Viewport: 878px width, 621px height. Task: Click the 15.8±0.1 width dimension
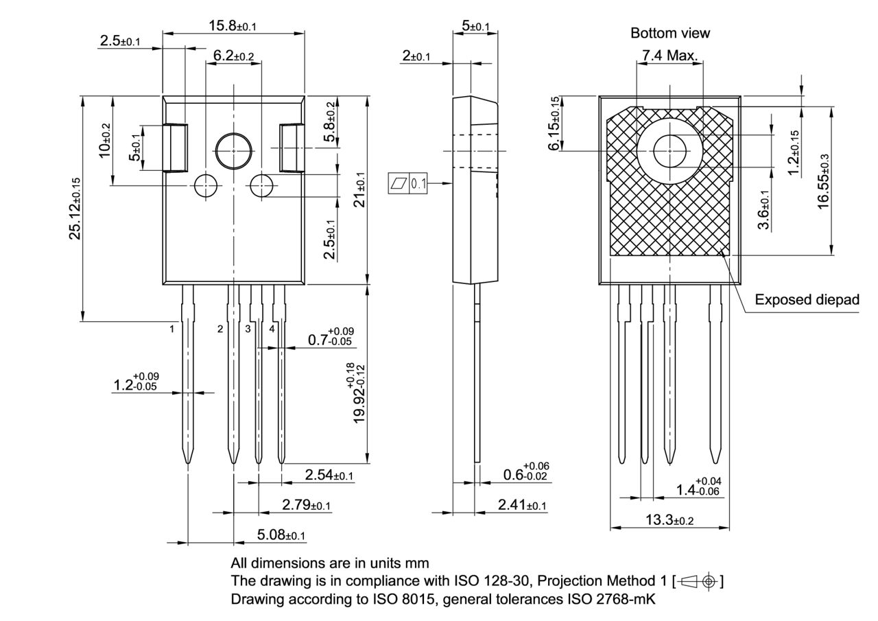point(233,26)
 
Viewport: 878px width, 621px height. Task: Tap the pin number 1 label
point(172,329)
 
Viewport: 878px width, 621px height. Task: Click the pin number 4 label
point(272,329)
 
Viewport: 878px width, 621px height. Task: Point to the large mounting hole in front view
point(233,150)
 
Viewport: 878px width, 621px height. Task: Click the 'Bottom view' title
point(669,33)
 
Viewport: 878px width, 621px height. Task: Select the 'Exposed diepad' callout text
point(806,300)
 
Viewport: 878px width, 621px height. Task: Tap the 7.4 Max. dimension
point(669,55)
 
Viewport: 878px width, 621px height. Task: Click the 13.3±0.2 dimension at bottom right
point(669,520)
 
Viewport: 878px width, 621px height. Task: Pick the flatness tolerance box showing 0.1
point(408,183)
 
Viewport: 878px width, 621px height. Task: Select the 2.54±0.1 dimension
point(329,475)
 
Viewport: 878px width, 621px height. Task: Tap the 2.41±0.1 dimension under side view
point(522,506)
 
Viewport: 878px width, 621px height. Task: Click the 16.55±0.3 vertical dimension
point(823,180)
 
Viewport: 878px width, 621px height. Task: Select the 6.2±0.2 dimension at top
point(233,55)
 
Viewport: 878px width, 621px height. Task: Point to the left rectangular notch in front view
point(176,148)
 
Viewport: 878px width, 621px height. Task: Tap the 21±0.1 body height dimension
point(358,189)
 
